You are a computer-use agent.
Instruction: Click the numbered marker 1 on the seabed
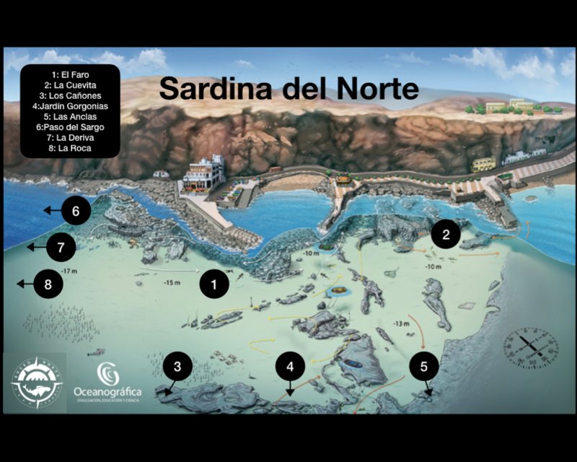coord(213,284)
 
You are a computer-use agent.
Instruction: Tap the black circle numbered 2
coord(446,234)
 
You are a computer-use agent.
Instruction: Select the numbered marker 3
coord(177,366)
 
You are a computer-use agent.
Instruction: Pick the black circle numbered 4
coord(290,367)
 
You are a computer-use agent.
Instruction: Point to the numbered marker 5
coord(423,367)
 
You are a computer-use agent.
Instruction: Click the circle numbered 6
coord(76,211)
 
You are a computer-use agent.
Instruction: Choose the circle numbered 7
coord(61,248)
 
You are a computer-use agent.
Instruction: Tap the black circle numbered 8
coord(48,284)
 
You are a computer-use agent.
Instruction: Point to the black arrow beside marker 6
coord(51,211)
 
